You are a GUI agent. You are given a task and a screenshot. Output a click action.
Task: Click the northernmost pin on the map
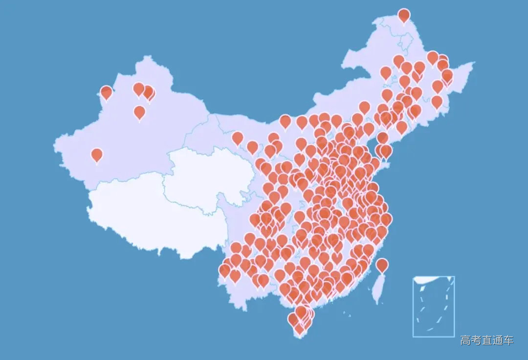[404, 15]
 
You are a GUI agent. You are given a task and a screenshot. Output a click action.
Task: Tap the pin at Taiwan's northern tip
[382, 265]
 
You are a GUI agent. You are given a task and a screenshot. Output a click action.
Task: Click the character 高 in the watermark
[465, 340]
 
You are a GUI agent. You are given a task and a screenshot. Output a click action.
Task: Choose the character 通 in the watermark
[498, 340]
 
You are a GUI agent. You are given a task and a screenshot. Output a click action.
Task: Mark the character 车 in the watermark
[508, 340]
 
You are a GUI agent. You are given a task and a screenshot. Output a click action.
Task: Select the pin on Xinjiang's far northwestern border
[106, 92]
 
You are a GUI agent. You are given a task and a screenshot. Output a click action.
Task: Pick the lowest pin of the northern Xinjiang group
[140, 112]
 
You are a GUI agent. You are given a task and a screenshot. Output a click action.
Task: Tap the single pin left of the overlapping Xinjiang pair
[139, 89]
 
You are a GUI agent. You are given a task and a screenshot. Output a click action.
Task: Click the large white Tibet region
[142, 215]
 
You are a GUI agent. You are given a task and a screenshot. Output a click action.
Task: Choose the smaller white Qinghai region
[210, 176]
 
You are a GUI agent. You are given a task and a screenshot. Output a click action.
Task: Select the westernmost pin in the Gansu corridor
[238, 138]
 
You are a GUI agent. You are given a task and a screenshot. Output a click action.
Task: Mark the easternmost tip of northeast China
[474, 63]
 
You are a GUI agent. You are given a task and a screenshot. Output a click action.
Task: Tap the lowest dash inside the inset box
[430, 329]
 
